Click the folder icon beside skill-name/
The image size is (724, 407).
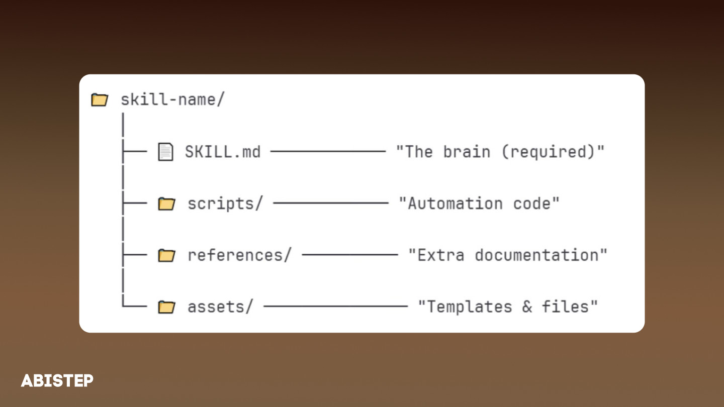pos(100,100)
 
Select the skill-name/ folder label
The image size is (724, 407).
pos(172,99)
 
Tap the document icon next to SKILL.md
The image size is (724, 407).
pos(165,152)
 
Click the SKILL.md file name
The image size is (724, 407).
pos(223,152)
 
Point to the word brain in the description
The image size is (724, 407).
pos(466,152)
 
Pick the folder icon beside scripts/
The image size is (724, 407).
pos(166,204)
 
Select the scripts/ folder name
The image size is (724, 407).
pos(225,203)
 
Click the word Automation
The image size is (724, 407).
pos(455,203)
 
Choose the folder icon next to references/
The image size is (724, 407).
pos(166,256)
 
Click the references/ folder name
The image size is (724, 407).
pos(239,255)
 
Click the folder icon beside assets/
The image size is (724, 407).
pos(166,307)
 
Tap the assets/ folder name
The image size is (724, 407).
pos(220,307)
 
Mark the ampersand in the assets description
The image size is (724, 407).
pos(527,307)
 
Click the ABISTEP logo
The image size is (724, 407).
pos(57,380)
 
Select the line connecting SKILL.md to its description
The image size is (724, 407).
pos(328,151)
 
